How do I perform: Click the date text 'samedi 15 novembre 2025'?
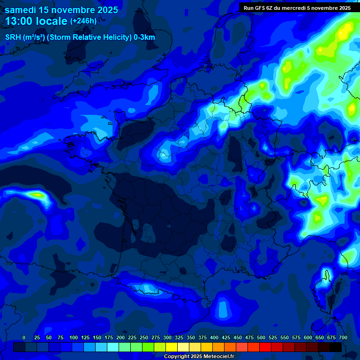(61, 9)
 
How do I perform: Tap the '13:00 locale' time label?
(37, 21)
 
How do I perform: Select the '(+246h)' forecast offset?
(83, 21)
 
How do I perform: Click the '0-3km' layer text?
(144, 37)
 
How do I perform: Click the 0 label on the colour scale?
(24, 337)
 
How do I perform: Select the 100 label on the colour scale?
(74, 337)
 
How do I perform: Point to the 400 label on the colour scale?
(214, 337)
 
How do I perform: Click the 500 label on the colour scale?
(261, 337)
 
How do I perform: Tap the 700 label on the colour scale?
(343, 337)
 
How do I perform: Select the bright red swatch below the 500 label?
(265, 347)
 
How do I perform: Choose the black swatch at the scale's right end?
(336, 347)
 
